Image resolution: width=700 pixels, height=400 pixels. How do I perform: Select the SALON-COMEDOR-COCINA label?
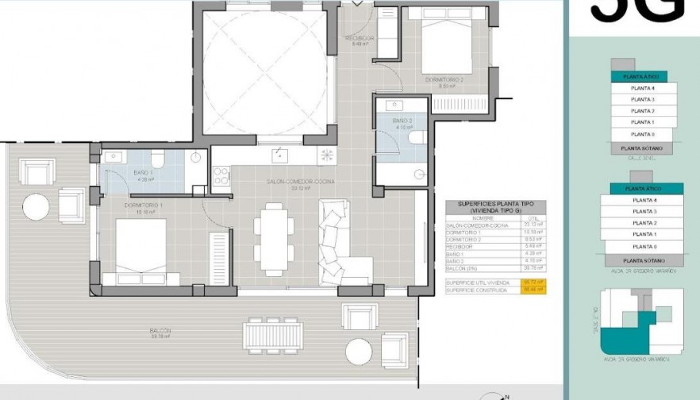(x=300, y=182)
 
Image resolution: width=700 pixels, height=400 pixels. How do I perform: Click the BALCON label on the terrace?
(x=160, y=330)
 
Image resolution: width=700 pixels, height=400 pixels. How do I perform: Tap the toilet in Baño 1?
(x=157, y=160)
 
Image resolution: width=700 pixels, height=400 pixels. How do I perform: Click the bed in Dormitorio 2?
(x=447, y=50)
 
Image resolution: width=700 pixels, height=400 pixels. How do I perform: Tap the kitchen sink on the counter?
(x=279, y=154)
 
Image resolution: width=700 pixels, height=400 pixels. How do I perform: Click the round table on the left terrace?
(x=37, y=207)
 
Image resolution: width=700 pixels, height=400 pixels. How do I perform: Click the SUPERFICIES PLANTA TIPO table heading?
(x=495, y=207)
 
